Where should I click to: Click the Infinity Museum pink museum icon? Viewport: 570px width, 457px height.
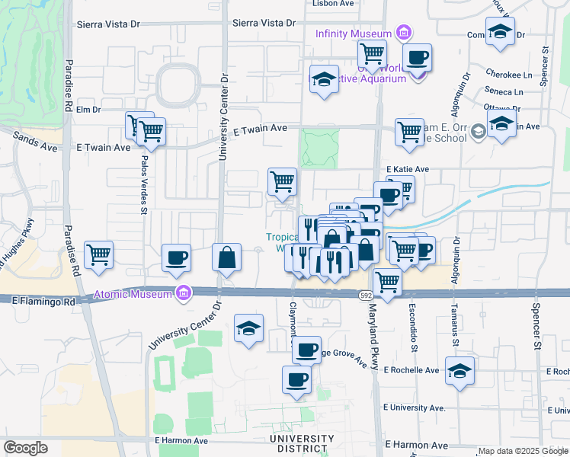[x=404, y=33]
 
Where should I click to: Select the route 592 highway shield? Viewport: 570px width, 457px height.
[x=366, y=293]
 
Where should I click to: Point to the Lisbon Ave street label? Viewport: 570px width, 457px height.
[x=334, y=4]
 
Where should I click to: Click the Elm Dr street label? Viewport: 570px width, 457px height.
[x=89, y=110]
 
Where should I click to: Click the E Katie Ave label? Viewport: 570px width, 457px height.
[x=408, y=169]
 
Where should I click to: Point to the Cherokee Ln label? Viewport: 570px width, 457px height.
[x=509, y=75]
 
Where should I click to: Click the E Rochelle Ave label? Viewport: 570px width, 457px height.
[x=411, y=370]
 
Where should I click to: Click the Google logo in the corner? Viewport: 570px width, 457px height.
[x=25, y=448]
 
